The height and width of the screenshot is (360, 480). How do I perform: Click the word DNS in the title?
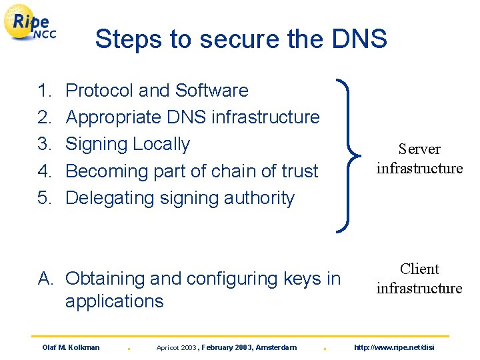361,39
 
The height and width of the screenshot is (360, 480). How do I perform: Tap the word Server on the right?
419,149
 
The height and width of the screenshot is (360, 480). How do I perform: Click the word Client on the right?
419,269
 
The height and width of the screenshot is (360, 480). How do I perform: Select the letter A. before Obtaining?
46,279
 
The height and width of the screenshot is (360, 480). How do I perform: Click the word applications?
114,301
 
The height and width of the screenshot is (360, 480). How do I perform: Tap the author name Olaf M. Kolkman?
71,347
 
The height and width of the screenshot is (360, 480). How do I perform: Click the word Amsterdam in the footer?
275,347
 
